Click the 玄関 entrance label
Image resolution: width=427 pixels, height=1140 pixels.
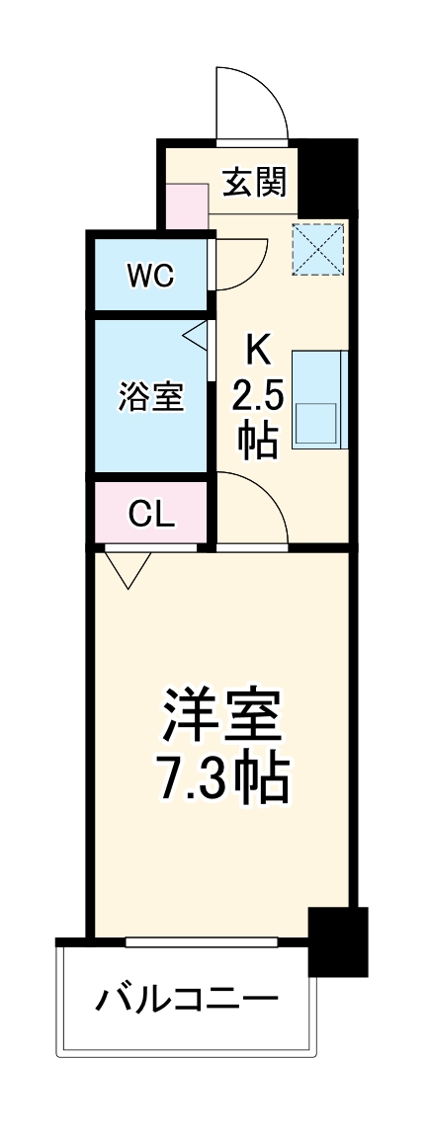[x=255, y=182]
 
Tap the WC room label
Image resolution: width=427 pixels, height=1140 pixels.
[x=150, y=276]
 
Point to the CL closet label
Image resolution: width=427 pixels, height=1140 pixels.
[x=151, y=513]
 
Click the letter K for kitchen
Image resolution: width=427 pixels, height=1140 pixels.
[x=257, y=348]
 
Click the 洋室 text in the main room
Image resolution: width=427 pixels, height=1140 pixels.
[x=224, y=718]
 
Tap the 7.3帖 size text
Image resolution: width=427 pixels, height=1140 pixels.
[x=224, y=780]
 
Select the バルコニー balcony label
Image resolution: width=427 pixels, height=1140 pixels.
[x=187, y=1000]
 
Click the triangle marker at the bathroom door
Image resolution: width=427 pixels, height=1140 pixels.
[x=197, y=335]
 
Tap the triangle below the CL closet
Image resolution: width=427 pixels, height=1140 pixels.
[x=129, y=569]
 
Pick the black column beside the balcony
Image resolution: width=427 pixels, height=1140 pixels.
[x=337, y=940]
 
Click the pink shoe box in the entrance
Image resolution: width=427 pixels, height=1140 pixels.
[x=187, y=205]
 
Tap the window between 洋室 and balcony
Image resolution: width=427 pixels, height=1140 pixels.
[x=217, y=941]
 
